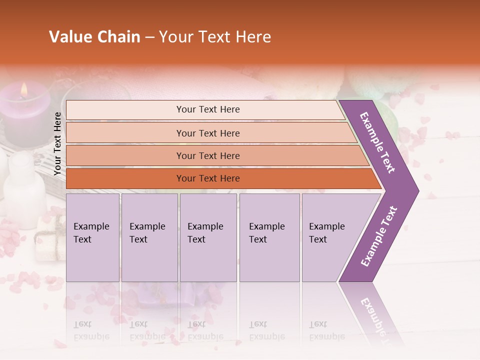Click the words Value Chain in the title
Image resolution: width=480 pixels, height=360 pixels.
click(x=94, y=37)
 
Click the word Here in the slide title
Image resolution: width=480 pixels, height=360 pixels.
click(x=253, y=37)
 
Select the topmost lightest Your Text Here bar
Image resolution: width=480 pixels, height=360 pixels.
click(x=207, y=109)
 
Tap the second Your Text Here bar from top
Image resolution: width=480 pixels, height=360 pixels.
click(x=207, y=133)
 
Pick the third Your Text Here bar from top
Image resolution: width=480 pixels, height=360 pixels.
click(x=207, y=155)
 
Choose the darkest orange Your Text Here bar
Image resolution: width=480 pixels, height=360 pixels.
click(x=207, y=178)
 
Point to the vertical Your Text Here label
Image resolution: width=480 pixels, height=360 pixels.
click(x=57, y=144)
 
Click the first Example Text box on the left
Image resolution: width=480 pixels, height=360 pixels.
click(x=92, y=237)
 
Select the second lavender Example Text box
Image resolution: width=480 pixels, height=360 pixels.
click(x=149, y=237)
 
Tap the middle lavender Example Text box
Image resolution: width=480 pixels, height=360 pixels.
click(x=208, y=237)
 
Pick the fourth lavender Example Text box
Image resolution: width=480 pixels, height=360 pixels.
click(x=269, y=237)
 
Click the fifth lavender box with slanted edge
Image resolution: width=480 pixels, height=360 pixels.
click(x=330, y=237)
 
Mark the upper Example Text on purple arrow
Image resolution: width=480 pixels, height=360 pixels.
click(x=378, y=142)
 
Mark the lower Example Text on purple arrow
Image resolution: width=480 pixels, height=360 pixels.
click(x=379, y=236)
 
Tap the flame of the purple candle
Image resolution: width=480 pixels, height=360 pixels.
click(x=23, y=89)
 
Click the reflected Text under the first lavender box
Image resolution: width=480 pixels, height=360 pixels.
click(x=82, y=324)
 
